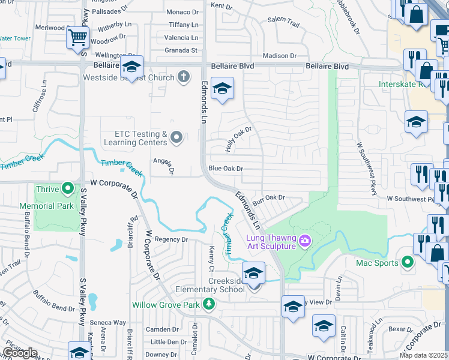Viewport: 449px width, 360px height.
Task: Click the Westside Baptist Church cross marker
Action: [x=184, y=77]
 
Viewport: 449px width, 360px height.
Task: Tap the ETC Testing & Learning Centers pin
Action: [x=176, y=138]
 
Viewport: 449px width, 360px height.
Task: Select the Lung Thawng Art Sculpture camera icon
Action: [x=306, y=241]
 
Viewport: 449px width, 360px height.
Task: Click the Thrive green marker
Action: [x=68, y=189]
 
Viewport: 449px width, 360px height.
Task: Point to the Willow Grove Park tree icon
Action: [x=208, y=305]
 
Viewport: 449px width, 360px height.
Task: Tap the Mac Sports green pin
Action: [x=408, y=262]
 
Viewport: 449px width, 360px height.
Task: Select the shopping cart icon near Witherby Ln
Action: [x=77, y=37]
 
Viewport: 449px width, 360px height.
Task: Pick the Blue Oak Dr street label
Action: [x=225, y=169]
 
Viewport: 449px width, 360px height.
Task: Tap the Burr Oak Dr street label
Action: [x=268, y=197]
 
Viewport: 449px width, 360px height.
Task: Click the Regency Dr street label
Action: [x=172, y=239]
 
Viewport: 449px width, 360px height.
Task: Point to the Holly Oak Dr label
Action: [x=238, y=139]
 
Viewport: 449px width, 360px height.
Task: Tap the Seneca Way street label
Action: [x=112, y=323]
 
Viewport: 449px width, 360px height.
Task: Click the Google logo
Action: [x=20, y=353]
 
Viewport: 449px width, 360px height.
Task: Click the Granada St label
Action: [x=181, y=50]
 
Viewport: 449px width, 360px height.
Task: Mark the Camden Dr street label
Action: [x=163, y=330]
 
